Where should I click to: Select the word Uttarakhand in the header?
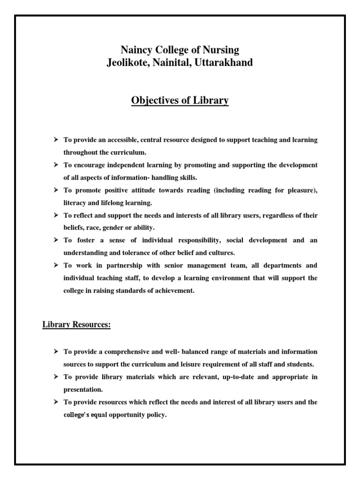(x=226, y=62)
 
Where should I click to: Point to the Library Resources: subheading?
(x=76, y=325)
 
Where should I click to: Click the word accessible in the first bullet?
(x=126, y=140)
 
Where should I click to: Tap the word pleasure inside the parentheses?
(x=300, y=190)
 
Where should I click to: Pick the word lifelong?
(x=120, y=202)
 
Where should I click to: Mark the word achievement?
(x=175, y=290)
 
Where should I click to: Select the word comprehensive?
(x=133, y=352)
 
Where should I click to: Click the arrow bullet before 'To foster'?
(x=56, y=240)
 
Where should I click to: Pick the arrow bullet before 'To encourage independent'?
(x=56, y=165)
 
